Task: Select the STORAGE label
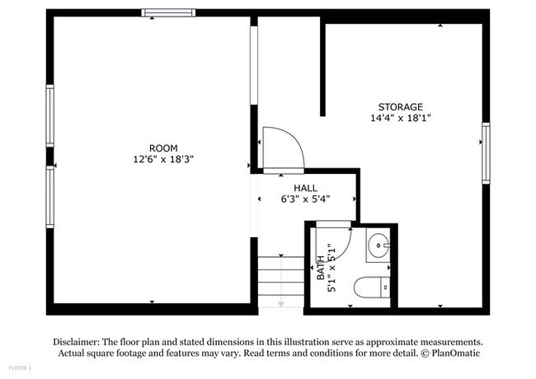tap(401, 107)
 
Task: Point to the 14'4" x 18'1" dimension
tap(401, 118)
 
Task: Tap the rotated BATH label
tap(321, 269)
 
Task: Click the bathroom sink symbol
tap(378, 246)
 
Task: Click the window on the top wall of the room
tap(168, 12)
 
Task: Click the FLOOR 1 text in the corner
tap(19, 367)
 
